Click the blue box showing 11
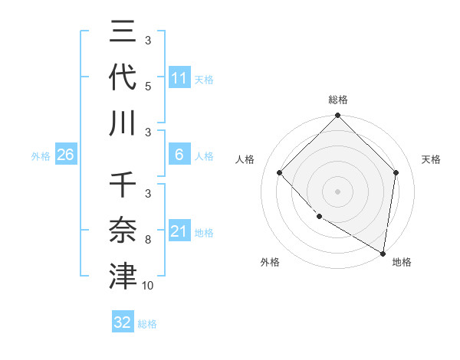[179, 77]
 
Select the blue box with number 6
[179, 155]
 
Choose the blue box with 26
[65, 155]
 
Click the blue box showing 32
[123, 322]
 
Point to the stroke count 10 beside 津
[148, 286]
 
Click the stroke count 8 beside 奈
[148, 241]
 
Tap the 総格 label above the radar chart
[338, 100]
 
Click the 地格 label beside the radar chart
[402, 262]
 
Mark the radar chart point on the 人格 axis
[280, 172]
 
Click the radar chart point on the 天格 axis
[396, 172]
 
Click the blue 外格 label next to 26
[41, 155]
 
